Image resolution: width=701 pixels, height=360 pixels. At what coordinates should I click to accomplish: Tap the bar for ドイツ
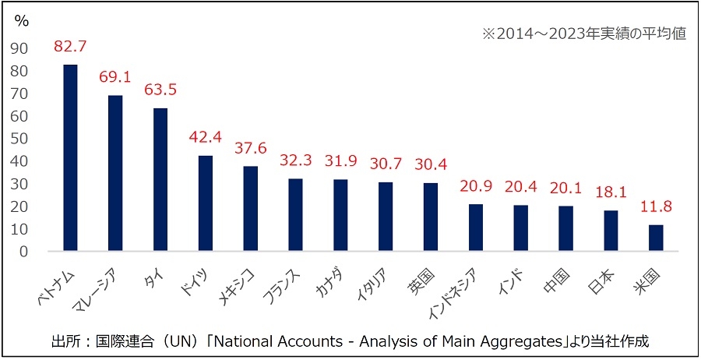[x=206, y=203]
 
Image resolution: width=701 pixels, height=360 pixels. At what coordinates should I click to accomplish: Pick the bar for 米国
[x=656, y=238]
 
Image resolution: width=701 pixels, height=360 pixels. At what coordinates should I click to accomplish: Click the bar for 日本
[x=611, y=231]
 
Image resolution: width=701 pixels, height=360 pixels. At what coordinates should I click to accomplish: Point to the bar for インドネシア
[x=476, y=228]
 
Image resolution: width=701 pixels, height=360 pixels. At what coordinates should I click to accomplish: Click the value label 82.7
[x=69, y=46]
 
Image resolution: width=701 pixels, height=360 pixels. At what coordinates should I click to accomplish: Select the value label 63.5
[x=160, y=90]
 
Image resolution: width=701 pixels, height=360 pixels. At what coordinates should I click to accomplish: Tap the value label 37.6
[x=251, y=148]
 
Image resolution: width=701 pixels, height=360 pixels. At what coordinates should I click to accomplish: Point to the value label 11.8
[x=655, y=207]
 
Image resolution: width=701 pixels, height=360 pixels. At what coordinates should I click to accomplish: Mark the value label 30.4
[x=431, y=164]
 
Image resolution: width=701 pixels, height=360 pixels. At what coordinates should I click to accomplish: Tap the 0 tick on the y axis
[x=23, y=252]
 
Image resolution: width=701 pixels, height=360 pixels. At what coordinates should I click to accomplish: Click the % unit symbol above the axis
[x=22, y=21]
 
